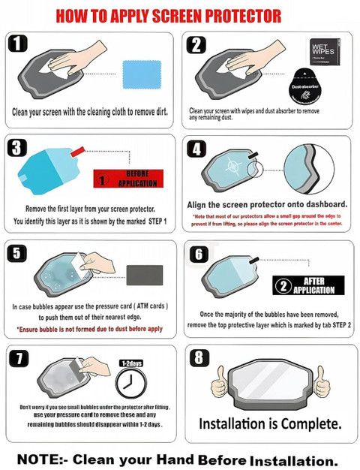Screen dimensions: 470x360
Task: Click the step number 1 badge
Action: tap(20, 44)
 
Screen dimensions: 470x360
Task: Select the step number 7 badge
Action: tap(20, 357)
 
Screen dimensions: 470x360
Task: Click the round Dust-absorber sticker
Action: tap(306, 82)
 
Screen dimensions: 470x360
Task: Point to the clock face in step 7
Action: tap(130, 386)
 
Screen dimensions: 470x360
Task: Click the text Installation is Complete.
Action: tap(271, 423)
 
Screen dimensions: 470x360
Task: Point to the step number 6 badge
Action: tap(199, 254)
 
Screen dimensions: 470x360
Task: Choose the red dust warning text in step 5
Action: tap(90, 329)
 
